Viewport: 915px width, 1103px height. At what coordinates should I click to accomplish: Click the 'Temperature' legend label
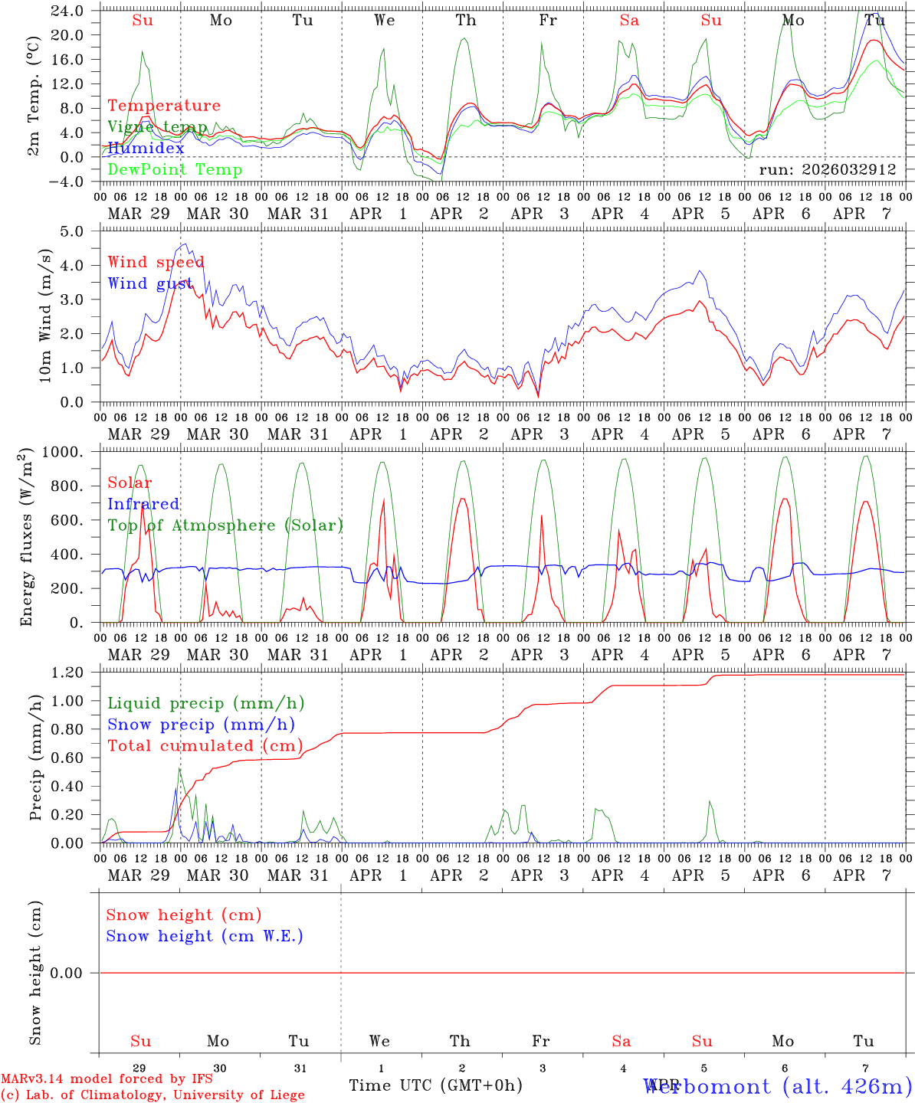point(164,106)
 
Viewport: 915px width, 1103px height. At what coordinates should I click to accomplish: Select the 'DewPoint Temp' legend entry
point(175,169)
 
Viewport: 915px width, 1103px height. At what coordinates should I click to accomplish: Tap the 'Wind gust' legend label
point(150,283)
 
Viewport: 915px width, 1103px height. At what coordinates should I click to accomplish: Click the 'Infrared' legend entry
point(143,504)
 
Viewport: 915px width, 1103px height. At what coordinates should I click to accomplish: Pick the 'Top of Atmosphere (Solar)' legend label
point(225,525)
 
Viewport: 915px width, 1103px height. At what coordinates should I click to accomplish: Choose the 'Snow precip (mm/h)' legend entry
point(201,725)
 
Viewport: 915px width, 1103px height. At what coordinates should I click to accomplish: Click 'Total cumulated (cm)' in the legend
point(205,745)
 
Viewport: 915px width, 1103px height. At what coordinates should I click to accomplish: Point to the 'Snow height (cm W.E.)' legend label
point(205,936)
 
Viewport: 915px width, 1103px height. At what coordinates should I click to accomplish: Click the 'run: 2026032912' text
point(827,170)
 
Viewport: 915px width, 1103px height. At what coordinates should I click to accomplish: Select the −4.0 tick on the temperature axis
point(67,182)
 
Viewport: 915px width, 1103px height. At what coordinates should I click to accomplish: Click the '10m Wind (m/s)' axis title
point(45,316)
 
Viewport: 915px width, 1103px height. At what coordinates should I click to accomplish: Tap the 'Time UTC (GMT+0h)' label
point(435,1085)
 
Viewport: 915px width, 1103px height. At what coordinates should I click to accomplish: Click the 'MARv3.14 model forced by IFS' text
point(107,1078)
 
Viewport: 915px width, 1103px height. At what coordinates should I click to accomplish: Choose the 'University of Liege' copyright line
point(152,1095)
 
